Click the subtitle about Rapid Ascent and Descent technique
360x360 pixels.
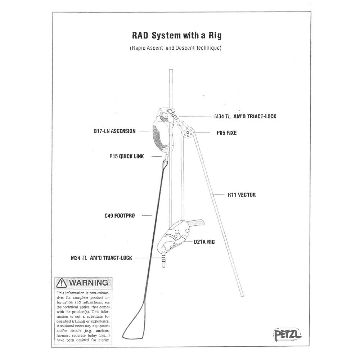point(175,48)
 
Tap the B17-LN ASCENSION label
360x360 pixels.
point(113,131)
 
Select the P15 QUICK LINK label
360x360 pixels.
point(126,157)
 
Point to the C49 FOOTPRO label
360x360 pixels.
point(120,216)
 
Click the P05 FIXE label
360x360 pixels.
point(226,133)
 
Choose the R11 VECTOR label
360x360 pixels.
point(241,195)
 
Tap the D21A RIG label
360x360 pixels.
point(204,242)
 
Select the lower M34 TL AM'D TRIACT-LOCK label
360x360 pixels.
point(102,258)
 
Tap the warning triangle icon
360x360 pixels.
point(62,283)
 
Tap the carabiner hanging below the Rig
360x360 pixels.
point(165,257)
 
